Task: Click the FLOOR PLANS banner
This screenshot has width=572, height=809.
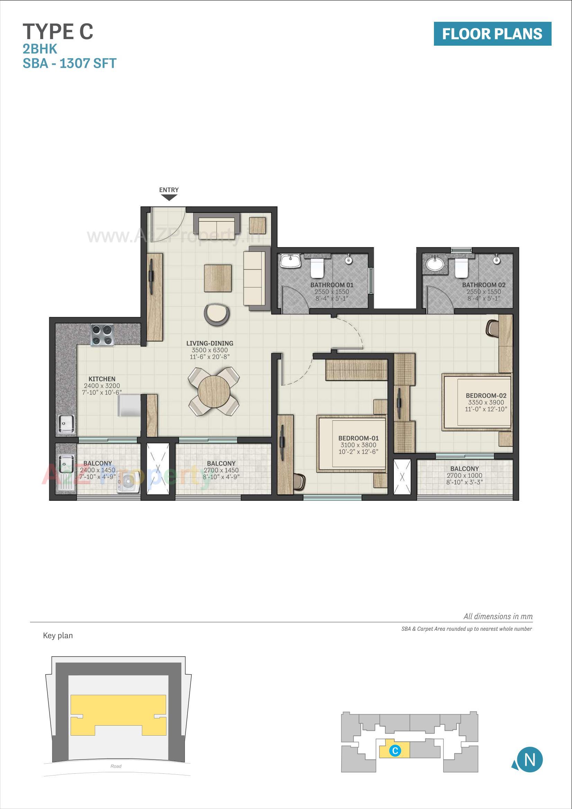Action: (x=492, y=34)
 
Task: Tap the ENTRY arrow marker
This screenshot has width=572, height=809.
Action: (x=169, y=198)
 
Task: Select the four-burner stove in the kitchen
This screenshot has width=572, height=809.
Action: (x=102, y=335)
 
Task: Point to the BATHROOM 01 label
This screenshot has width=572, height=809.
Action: (x=332, y=285)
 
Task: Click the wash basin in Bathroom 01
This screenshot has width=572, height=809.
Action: (x=290, y=262)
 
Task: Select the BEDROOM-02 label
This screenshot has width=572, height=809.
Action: (x=485, y=396)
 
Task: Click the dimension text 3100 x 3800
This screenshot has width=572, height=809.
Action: (x=358, y=445)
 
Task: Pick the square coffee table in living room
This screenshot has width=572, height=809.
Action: (x=217, y=278)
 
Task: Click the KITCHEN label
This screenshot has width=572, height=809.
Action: (x=102, y=379)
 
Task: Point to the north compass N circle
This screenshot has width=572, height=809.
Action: (x=529, y=760)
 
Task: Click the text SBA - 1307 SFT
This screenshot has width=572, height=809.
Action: (x=70, y=63)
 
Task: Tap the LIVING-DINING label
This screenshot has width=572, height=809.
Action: (x=210, y=343)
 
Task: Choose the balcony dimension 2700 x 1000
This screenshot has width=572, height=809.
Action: (x=464, y=475)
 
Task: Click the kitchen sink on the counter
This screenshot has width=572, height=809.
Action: (x=66, y=424)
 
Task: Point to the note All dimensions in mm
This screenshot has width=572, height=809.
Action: (x=498, y=616)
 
